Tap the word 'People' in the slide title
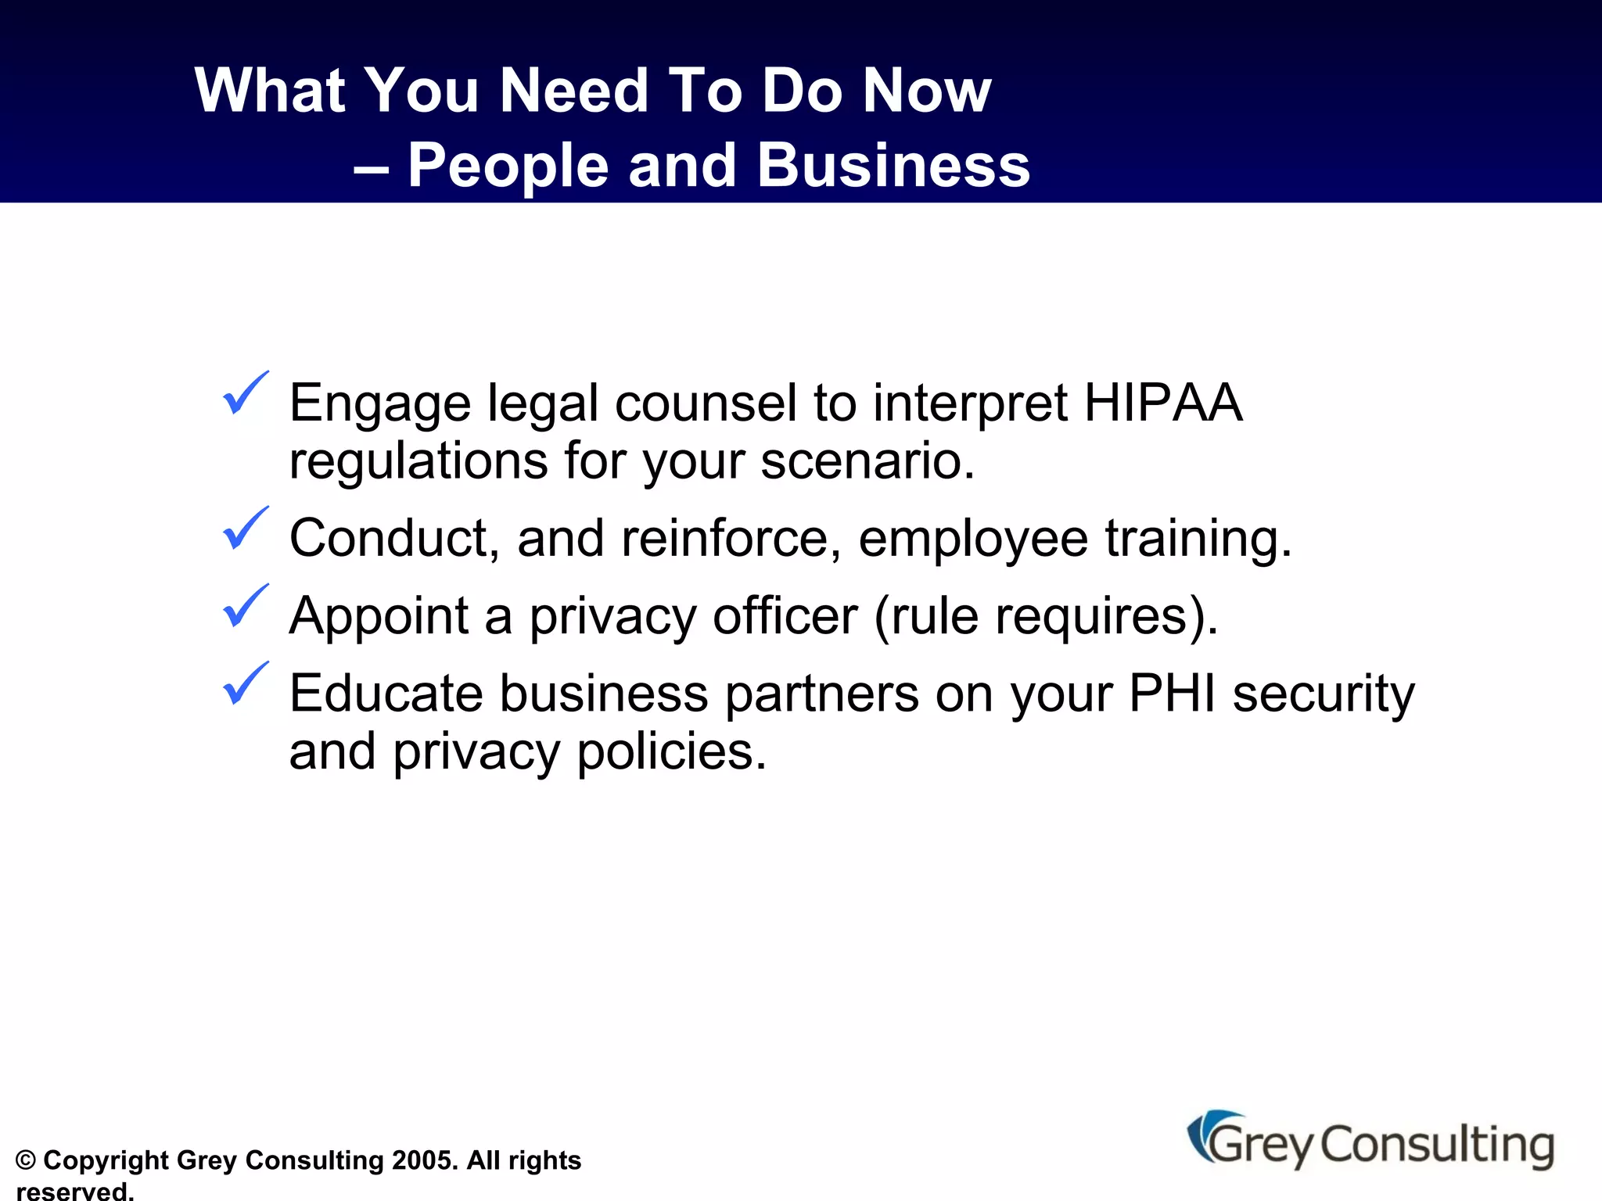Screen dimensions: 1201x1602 (x=508, y=166)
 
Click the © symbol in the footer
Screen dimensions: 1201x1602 (x=26, y=1160)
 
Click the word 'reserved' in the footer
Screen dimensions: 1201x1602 (x=73, y=1191)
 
